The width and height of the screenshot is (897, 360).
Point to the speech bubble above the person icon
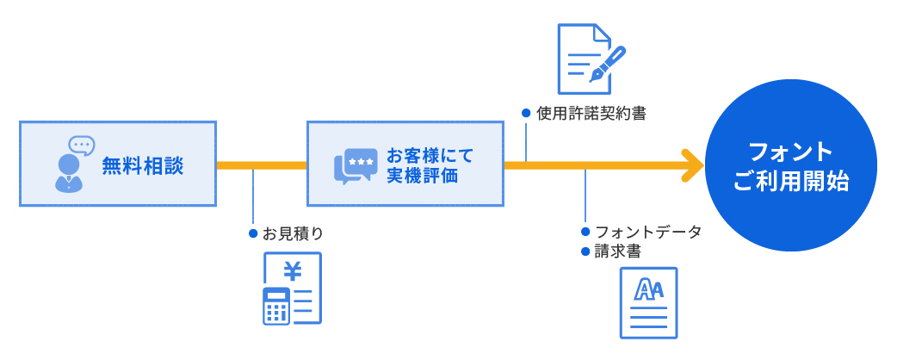pyautogui.click(x=82, y=145)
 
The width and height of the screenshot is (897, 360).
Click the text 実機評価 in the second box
pyautogui.click(x=422, y=176)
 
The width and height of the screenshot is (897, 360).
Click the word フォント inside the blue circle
pyautogui.click(x=790, y=152)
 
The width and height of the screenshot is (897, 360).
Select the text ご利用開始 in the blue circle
pyautogui.click(x=790, y=182)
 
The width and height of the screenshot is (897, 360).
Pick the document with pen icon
pyautogui.click(x=590, y=59)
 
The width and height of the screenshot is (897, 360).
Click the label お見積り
pyautogui.click(x=293, y=233)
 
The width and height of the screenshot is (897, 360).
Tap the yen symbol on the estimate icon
pyautogui.click(x=293, y=271)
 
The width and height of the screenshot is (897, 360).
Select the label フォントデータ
pyautogui.click(x=648, y=233)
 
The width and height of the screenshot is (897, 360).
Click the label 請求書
pyautogui.click(x=618, y=251)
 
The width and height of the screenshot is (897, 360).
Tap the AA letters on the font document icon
pyautogui.click(x=648, y=291)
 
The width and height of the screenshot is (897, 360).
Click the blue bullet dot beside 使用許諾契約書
pyautogui.click(x=526, y=113)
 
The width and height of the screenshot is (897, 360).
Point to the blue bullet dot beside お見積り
pyautogui.click(x=253, y=233)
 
